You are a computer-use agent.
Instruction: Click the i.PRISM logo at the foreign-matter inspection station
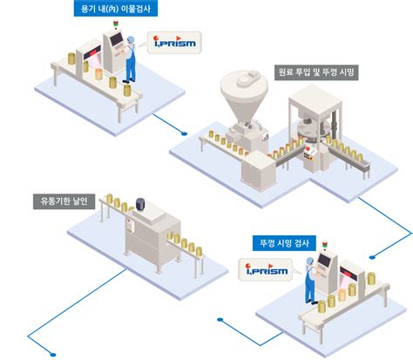point(173,41)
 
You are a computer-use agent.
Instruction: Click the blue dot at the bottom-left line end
point(55,352)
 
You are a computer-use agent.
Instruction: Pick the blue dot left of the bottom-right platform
point(221,320)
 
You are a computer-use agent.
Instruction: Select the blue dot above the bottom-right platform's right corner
point(374,255)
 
